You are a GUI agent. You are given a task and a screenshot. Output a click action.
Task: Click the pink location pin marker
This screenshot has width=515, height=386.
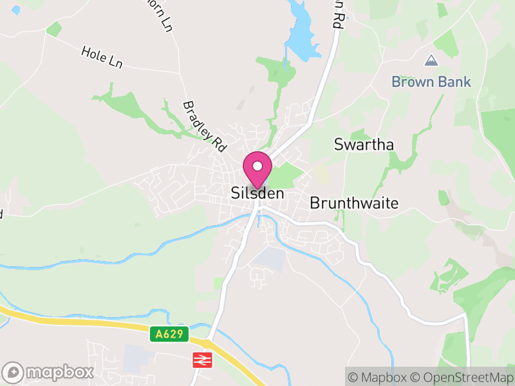click(x=257, y=170)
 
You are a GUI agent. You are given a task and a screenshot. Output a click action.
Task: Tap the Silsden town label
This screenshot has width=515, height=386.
click(x=257, y=193)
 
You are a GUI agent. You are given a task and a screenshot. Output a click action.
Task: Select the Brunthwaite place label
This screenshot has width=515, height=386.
click(x=354, y=203)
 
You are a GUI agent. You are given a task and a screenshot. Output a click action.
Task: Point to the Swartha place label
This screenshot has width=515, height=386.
click(x=364, y=145)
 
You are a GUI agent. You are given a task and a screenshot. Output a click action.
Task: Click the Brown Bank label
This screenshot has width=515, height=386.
click(x=431, y=82)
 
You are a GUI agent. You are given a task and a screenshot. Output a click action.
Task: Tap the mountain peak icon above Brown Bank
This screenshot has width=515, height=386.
click(x=431, y=61)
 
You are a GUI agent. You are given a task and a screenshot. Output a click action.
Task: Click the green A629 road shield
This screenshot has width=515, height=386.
click(x=170, y=335)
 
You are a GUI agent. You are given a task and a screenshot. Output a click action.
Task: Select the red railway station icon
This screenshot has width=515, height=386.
click(x=201, y=360)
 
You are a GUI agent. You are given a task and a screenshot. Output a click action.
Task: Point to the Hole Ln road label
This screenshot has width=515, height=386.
click(x=102, y=58)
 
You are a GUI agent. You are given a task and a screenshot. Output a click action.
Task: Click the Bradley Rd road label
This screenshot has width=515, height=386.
click(x=205, y=126)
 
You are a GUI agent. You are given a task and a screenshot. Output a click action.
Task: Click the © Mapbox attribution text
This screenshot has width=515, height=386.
click(x=380, y=377)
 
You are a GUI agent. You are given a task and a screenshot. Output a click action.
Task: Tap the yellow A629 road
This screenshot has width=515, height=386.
click(x=97, y=326)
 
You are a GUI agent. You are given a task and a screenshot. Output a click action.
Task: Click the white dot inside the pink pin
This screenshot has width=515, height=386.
click(x=257, y=166)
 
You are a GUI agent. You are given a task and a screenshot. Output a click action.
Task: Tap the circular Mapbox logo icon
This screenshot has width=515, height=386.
click(x=14, y=372)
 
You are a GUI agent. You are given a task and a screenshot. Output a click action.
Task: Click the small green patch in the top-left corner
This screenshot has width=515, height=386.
click(x=54, y=29)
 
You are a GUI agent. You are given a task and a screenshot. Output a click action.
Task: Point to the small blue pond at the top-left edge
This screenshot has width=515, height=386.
click(x=15, y=10)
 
